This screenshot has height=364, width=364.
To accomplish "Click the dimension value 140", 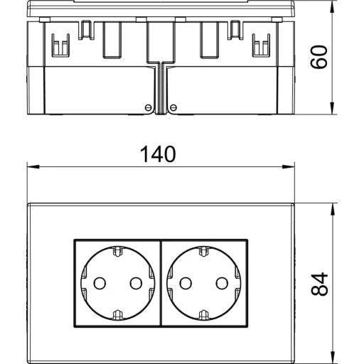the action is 158,154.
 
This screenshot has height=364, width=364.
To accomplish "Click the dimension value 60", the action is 319,57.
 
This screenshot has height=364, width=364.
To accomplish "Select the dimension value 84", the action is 319,284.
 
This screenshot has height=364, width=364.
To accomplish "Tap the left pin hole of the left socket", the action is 100,283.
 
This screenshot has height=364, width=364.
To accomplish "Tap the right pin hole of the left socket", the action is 136,283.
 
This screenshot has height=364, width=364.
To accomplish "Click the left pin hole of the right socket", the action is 186,283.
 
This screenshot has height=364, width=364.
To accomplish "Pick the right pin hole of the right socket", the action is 222,283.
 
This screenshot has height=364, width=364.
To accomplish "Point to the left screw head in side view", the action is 148,107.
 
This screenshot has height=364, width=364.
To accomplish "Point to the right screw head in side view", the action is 173,107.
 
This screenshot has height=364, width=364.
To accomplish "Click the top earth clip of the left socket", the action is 118,252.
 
